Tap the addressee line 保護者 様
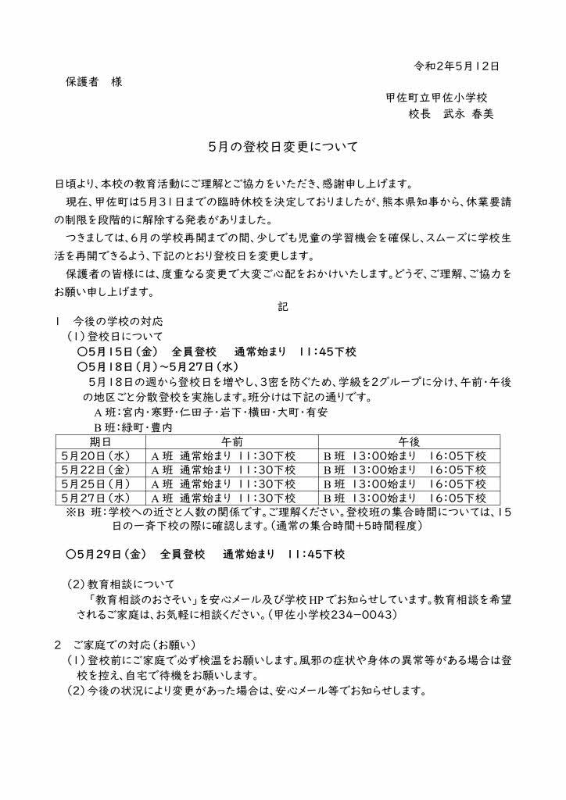92,82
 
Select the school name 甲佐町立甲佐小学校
436,98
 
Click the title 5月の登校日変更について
282,146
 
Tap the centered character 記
283,307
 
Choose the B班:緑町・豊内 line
134,427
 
